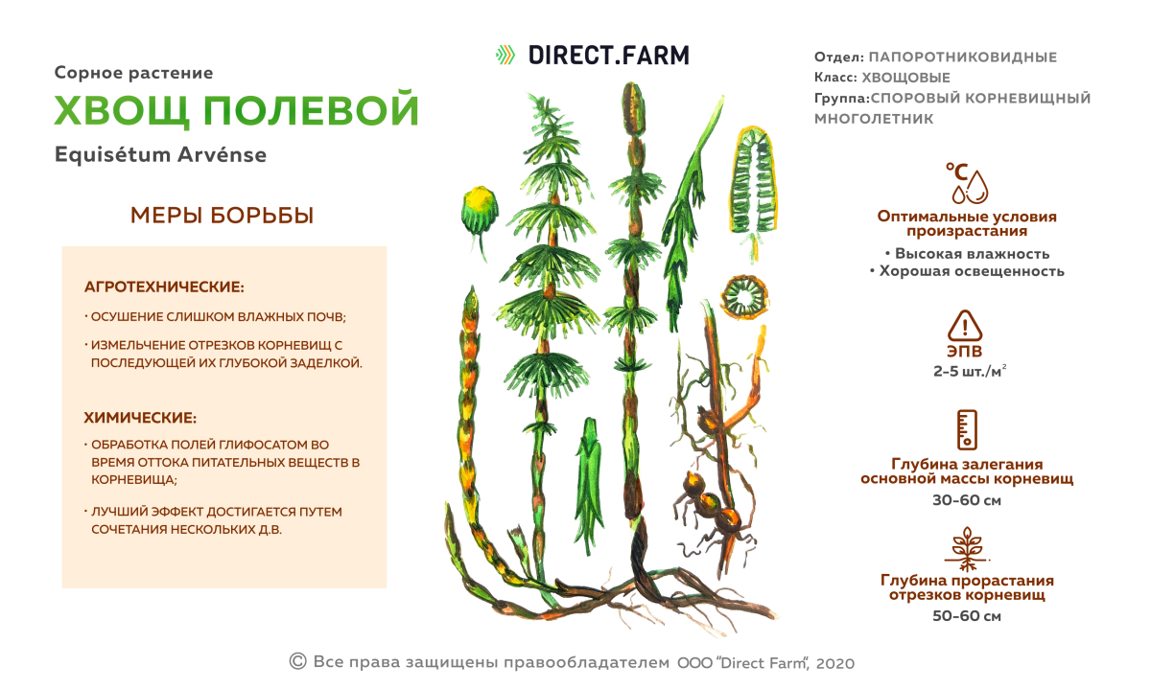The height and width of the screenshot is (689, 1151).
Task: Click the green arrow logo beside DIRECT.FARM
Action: pyautogui.click(x=505, y=55)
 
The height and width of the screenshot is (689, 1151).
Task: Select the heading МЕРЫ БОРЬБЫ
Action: pyautogui.click(x=222, y=216)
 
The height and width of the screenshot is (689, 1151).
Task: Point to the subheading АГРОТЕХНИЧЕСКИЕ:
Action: pyautogui.click(x=164, y=287)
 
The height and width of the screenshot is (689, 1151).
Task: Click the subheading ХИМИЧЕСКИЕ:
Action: pyautogui.click(x=140, y=418)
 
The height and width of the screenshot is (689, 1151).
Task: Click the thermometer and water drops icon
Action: pyautogui.click(x=966, y=182)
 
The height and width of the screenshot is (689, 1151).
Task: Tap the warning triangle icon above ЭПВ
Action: pyautogui.click(x=965, y=326)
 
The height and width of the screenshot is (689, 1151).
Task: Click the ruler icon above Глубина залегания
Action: pyautogui.click(x=966, y=429)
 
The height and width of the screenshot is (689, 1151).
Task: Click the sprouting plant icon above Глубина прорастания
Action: pyautogui.click(x=966, y=547)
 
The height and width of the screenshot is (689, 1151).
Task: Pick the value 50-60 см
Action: pyautogui.click(x=966, y=616)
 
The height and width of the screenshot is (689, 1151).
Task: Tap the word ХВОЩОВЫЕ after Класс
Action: pyautogui.click(x=906, y=78)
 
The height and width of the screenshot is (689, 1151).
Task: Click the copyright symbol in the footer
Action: pyautogui.click(x=297, y=661)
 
